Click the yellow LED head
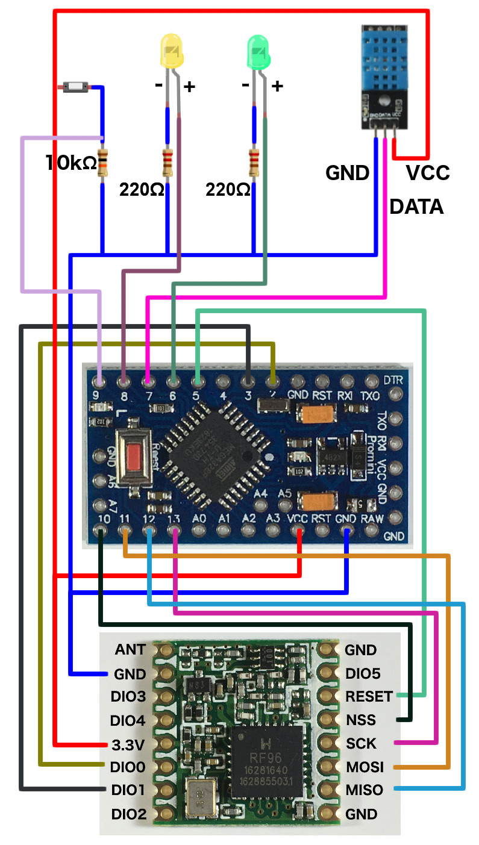tap(171, 51)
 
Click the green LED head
tap(259, 51)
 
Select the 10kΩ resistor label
tap(71, 163)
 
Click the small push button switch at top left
tap(76, 88)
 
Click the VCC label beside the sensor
tap(427, 173)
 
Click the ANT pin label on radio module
tap(131, 650)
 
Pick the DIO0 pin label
tap(128, 767)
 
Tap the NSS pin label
tap(361, 720)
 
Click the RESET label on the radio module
tap(369, 696)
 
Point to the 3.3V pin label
tap(128, 744)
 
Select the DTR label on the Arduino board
tap(392, 381)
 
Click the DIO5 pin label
tap(362, 673)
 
